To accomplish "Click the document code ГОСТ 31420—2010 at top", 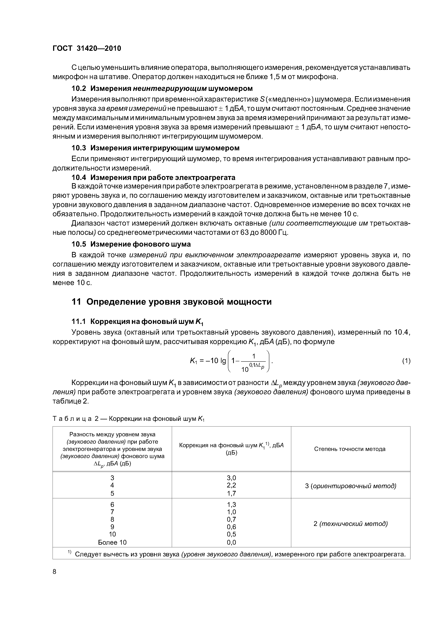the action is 87,48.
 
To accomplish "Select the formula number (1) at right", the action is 406,361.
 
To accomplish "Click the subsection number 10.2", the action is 78,89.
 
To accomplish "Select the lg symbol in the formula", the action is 223,361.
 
